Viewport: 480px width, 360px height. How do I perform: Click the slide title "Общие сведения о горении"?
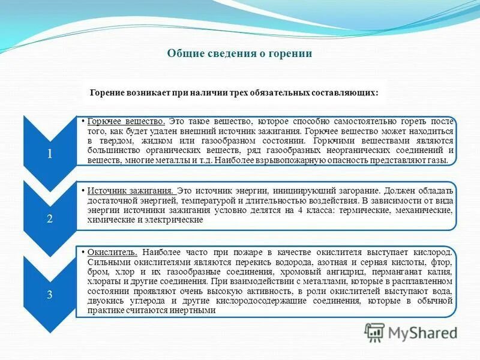click(239, 53)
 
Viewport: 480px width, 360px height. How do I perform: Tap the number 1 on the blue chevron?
click(50, 154)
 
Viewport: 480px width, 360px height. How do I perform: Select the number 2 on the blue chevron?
click(50, 219)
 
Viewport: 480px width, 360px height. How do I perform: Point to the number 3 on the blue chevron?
click(50, 294)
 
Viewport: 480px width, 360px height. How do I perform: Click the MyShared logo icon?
click(375, 332)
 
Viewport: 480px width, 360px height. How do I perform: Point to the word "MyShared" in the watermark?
click(422, 332)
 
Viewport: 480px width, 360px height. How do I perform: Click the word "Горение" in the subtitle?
click(107, 93)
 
